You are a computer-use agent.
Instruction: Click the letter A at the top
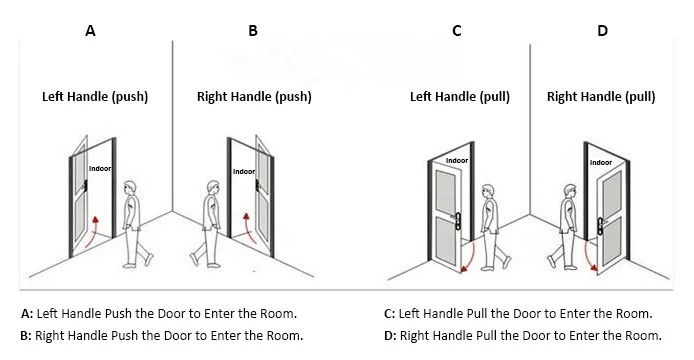coord(90,31)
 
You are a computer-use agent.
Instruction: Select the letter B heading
coord(253,31)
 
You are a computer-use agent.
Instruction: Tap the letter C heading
coord(456,31)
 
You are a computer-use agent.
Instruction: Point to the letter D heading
coord(602,31)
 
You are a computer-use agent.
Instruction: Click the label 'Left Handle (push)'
coord(95,97)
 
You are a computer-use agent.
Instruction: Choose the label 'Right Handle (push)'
coord(255,97)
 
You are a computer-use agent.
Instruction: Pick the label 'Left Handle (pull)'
coord(460,97)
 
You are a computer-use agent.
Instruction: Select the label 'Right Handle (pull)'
coord(601,97)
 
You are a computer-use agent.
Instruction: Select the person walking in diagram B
coord(212,224)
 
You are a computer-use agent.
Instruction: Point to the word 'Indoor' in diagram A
coord(100,169)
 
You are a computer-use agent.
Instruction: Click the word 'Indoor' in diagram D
coord(600,162)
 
